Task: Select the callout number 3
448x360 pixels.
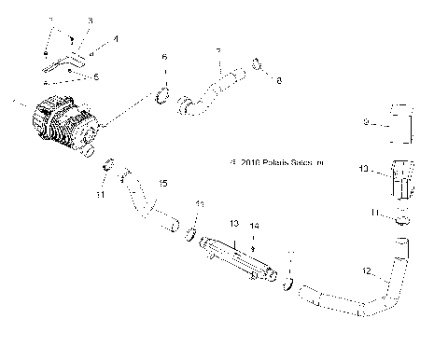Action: click(90, 20)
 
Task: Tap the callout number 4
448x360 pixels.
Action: click(115, 39)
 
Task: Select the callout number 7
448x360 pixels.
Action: click(217, 51)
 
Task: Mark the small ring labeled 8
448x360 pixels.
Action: click(259, 66)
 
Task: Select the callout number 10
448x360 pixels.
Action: click(365, 170)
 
